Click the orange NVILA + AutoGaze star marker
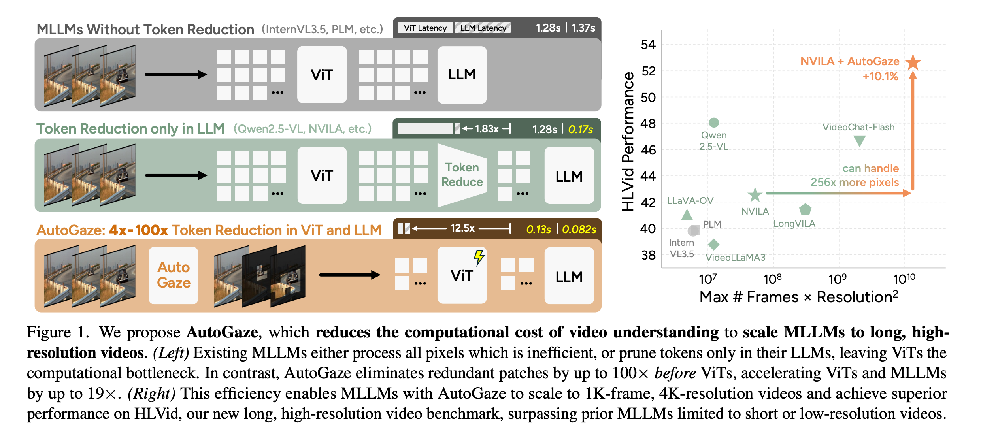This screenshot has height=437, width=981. [x=913, y=62]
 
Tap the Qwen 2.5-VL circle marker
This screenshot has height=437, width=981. [x=714, y=122]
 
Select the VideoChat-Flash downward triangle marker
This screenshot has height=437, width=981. [x=859, y=141]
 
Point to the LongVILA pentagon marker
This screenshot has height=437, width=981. [x=805, y=209]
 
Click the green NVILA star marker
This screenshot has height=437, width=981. [x=755, y=194]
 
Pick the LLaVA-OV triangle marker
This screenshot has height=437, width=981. [x=687, y=215]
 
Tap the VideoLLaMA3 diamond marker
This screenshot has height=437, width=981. [x=713, y=244]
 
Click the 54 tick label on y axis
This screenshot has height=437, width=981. [x=648, y=45]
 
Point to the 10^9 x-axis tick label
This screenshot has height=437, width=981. [x=837, y=279]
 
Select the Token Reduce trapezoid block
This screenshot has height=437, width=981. [x=462, y=175]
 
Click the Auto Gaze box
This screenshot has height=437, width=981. [x=174, y=275]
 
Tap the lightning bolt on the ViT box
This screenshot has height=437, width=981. [x=479, y=257]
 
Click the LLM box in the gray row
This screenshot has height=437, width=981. [x=462, y=75]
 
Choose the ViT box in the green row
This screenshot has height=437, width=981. [x=322, y=175]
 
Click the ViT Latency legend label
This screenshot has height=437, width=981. [x=425, y=28]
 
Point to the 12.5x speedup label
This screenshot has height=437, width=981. [x=462, y=228]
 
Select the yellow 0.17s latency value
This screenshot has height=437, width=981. [x=580, y=129]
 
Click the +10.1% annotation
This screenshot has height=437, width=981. [x=880, y=76]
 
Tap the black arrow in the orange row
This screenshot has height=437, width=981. [x=349, y=275]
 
